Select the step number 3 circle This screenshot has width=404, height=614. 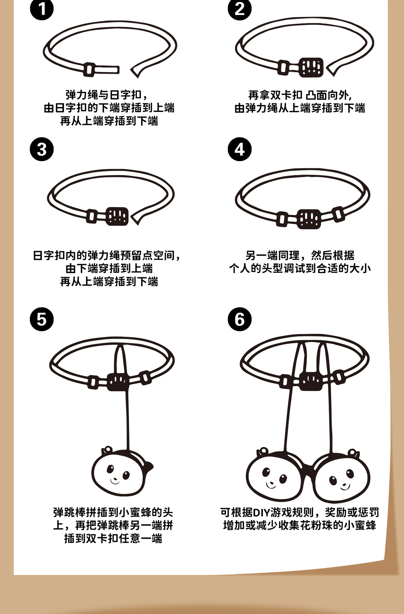[x=42, y=149]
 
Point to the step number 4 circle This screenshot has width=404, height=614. [x=239, y=149]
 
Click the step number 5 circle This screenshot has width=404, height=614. [x=42, y=319]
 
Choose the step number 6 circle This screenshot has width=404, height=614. [x=239, y=319]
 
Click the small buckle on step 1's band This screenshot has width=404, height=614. [x=89, y=69]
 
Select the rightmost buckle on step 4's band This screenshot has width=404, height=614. [x=338, y=214]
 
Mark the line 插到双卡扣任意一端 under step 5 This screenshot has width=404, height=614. [x=113, y=539]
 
